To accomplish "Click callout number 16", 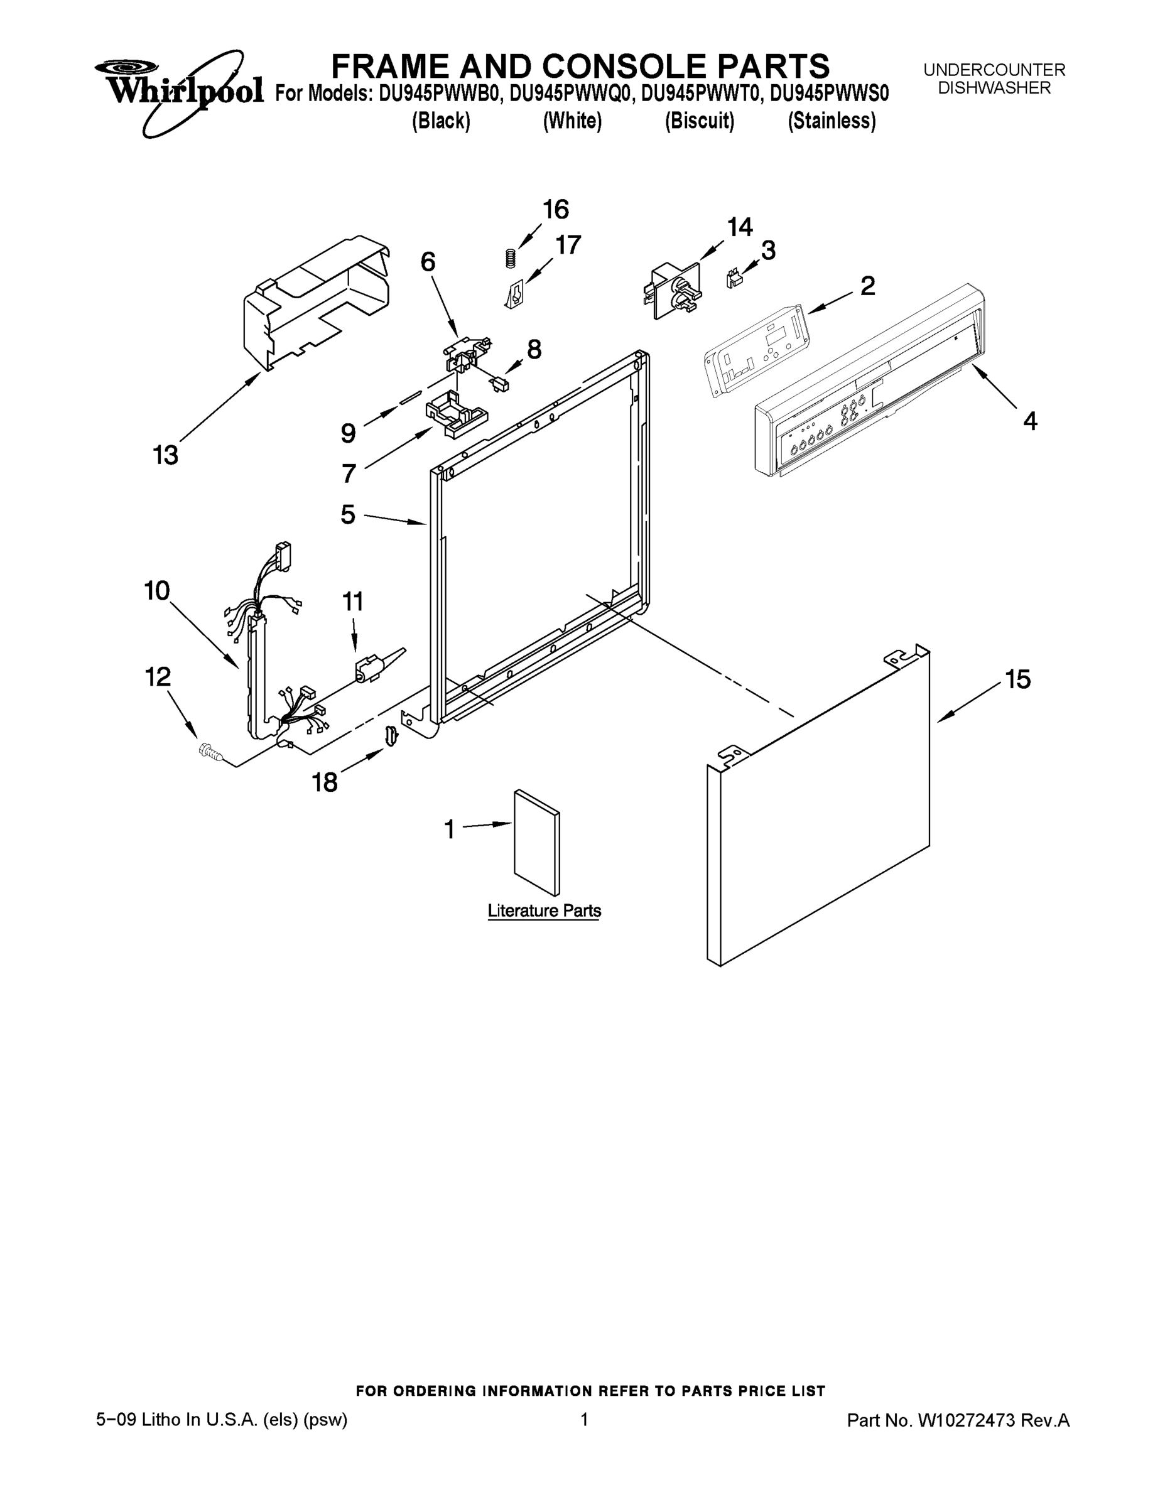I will (555, 209).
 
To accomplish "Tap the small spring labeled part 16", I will (510, 257).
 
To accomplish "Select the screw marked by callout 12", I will (209, 752).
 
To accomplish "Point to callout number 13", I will (165, 455).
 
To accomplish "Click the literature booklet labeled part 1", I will (537, 843).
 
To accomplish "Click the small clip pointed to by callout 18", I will (391, 735).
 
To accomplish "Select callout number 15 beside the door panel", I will (1018, 679).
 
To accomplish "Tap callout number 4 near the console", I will (1029, 420).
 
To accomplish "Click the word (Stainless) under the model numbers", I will (832, 121).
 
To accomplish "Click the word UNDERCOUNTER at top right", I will (994, 70).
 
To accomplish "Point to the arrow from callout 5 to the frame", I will (394, 519).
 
